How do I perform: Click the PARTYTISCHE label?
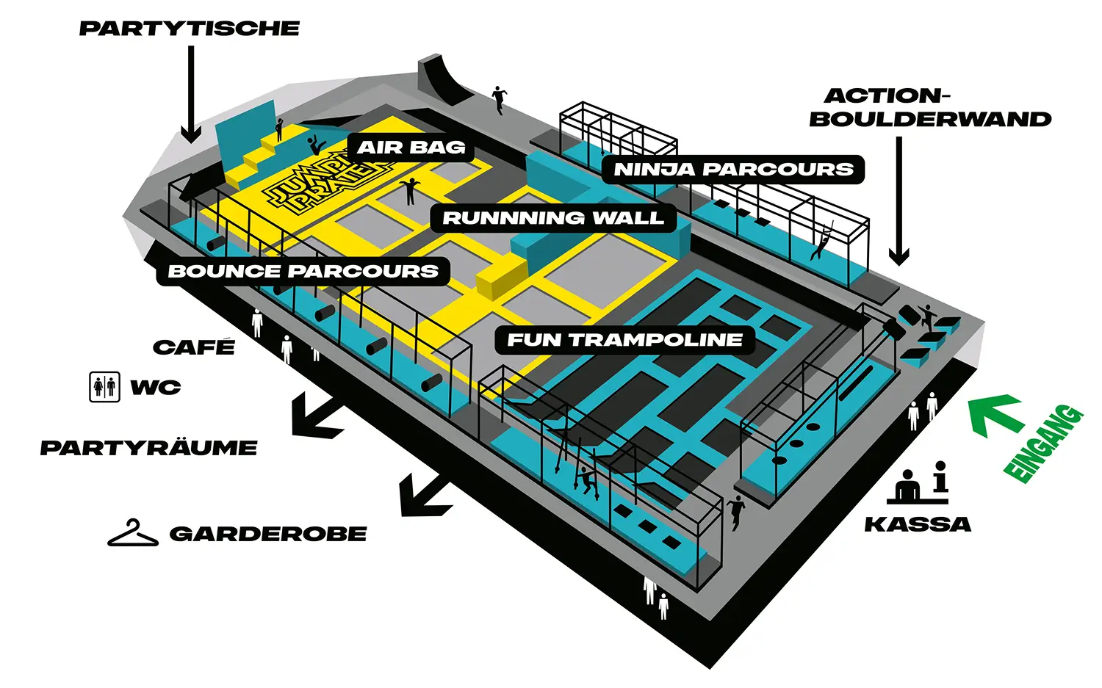click(190, 29)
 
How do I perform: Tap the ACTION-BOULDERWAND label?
click(929, 107)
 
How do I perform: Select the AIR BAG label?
click(411, 148)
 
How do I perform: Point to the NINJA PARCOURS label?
click(733, 170)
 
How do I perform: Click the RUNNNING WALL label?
click(552, 218)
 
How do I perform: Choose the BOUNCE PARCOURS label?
click(303, 271)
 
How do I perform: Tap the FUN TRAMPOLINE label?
click(624, 340)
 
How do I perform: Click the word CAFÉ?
click(194, 347)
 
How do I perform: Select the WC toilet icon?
click(104, 386)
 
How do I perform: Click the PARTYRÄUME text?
click(148, 448)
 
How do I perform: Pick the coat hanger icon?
click(132, 534)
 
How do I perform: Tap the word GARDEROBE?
click(268, 534)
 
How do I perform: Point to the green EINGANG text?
click(1043, 444)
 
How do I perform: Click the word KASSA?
click(918, 524)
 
